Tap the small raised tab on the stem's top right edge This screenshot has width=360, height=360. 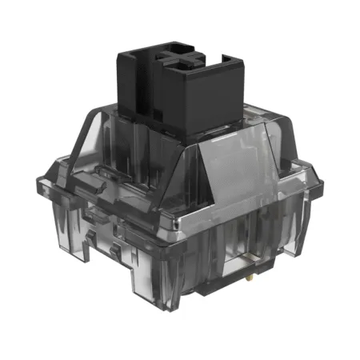pyautogui.click(x=227, y=58)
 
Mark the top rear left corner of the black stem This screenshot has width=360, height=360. pyautogui.click(x=120, y=50)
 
